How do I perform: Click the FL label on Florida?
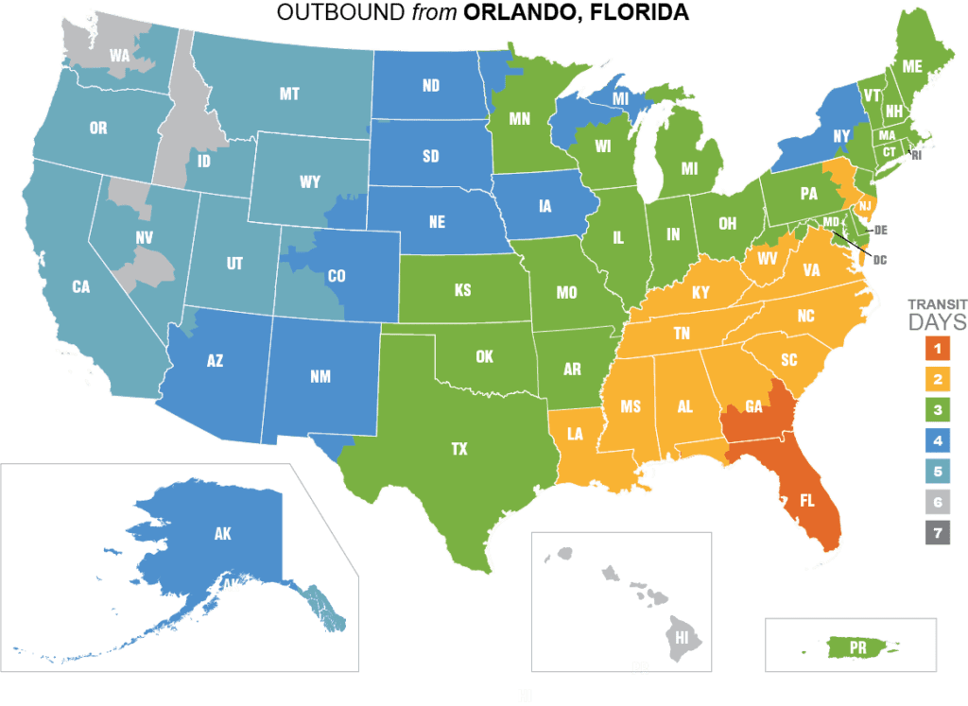point(809,500)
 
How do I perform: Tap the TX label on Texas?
point(459,450)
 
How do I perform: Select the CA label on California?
point(80,286)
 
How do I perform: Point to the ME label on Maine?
point(912,66)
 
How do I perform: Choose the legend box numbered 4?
point(936,441)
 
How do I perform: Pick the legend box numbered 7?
point(936,533)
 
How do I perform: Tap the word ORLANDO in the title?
point(524,13)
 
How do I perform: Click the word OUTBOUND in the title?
point(337,13)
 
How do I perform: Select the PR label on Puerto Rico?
point(858,647)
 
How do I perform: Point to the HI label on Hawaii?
point(683,638)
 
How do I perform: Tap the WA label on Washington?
point(119,55)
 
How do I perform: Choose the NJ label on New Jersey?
point(864,205)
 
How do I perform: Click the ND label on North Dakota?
point(431,86)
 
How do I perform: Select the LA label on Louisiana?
point(574,434)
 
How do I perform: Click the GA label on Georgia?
point(753,407)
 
